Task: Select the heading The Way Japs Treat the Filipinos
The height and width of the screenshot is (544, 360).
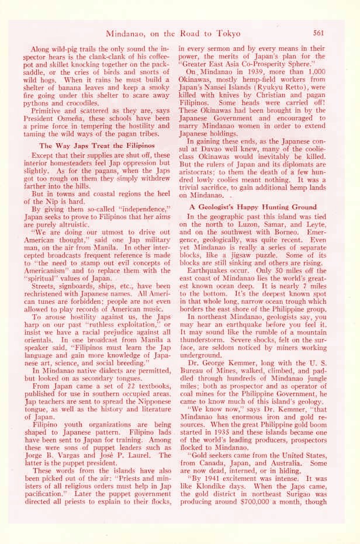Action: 96,145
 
